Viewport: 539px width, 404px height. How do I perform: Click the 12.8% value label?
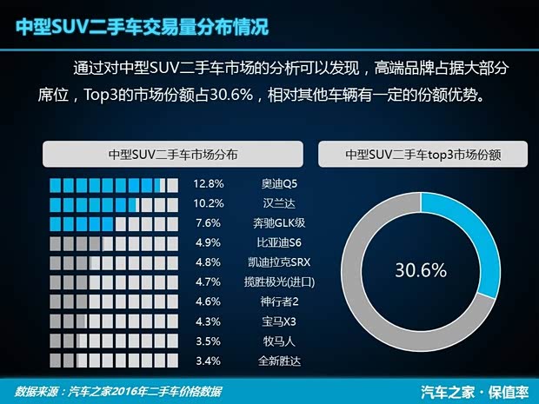210,184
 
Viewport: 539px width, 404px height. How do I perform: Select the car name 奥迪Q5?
279,184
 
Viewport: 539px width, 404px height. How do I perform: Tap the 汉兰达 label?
279,203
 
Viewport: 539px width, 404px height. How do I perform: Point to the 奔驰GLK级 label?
279,223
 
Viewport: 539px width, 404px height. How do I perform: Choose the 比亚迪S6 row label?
279,242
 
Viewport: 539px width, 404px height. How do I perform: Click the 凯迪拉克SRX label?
279,262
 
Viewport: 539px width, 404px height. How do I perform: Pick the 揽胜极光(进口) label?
279,281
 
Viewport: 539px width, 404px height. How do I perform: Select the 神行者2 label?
279,301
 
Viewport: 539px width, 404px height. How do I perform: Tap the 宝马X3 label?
279,321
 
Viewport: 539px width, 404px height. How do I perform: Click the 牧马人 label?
279,341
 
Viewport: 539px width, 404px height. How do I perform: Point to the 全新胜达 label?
279,360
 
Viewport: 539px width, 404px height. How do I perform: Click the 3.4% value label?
210,360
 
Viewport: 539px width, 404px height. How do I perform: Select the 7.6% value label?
210,223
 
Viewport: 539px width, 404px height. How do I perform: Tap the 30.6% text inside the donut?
421,270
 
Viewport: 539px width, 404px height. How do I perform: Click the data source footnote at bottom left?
113,389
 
